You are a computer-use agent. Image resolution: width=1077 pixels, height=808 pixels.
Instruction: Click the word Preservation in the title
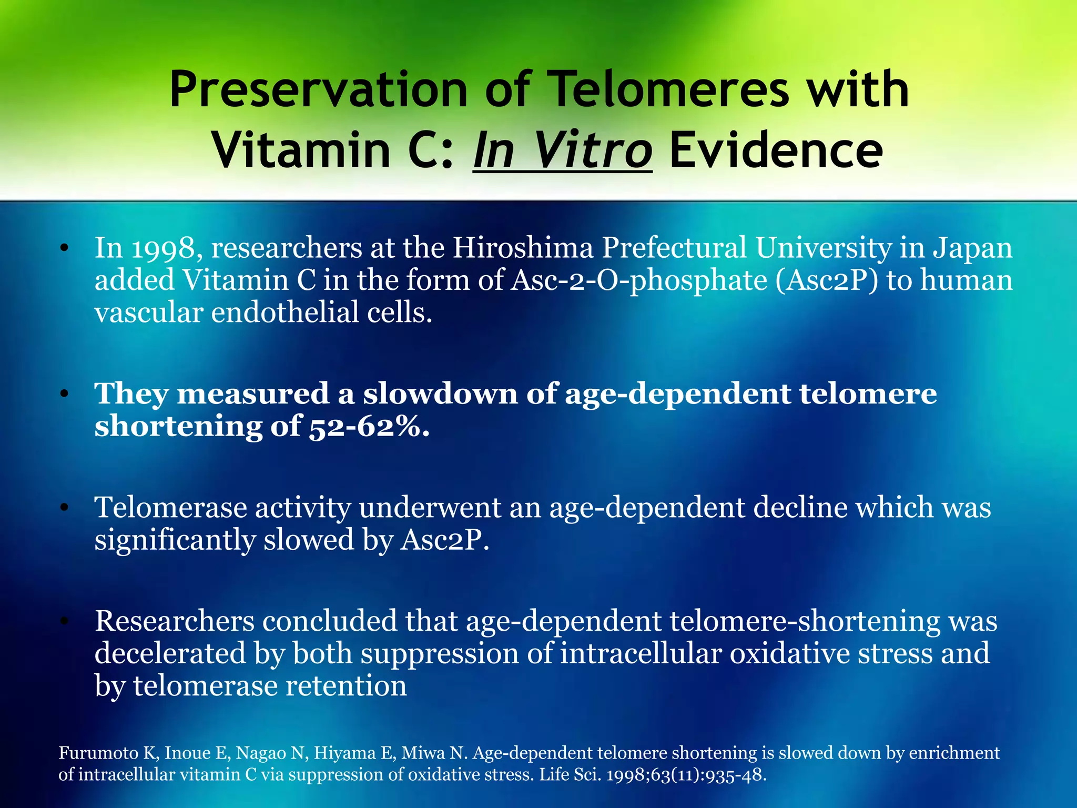318,89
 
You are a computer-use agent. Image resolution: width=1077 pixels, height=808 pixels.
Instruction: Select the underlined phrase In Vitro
563,150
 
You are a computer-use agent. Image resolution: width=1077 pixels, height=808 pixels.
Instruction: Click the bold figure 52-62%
368,427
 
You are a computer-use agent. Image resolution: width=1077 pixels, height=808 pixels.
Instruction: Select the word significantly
175,541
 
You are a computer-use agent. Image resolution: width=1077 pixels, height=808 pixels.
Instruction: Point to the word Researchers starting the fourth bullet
175,621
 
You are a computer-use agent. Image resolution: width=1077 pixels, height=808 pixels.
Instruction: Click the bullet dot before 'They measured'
64,395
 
